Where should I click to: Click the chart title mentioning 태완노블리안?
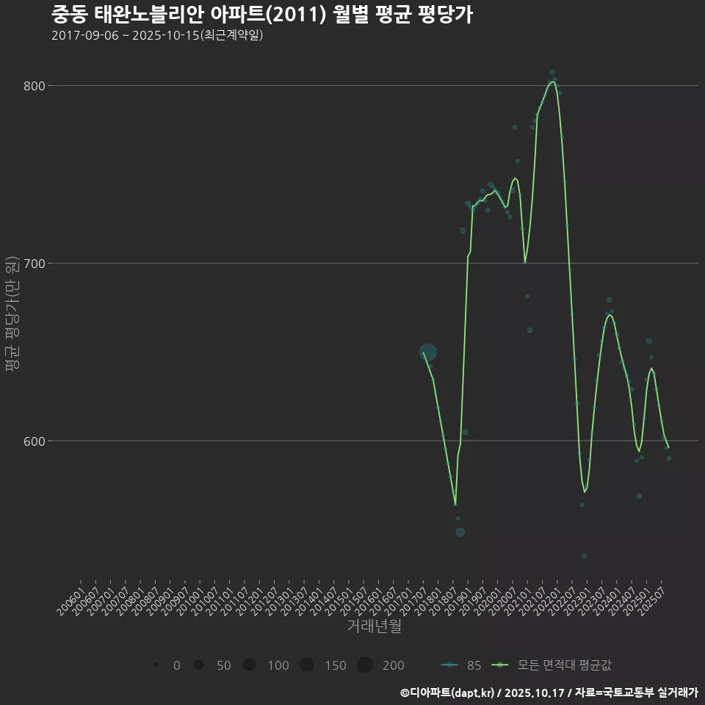tap(261, 15)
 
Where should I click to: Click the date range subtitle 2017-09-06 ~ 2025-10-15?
tap(157, 35)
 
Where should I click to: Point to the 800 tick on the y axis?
tap(34, 86)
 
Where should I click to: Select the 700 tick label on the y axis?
tap(34, 264)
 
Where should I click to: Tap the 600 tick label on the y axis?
tap(34, 441)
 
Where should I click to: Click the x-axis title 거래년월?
tap(374, 626)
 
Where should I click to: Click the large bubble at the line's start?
tap(428, 352)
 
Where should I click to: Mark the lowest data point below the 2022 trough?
tap(585, 556)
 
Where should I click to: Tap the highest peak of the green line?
tap(552, 82)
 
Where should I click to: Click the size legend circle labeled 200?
tap(365, 665)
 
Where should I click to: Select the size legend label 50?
tap(223, 665)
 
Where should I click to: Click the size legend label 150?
tap(335, 665)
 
